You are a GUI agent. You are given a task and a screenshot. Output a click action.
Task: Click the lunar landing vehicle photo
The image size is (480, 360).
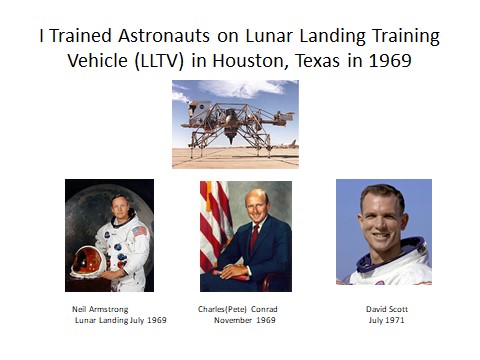236,123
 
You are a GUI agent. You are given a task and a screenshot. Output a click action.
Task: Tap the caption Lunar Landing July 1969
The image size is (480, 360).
120,321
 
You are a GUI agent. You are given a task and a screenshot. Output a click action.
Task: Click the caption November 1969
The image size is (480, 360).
243,321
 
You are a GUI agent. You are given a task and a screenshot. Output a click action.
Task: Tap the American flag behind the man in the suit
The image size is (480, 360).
212,225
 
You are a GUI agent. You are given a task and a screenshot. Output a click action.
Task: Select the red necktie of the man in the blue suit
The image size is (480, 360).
256,242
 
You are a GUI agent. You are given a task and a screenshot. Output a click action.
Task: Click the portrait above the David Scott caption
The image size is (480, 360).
383,232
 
